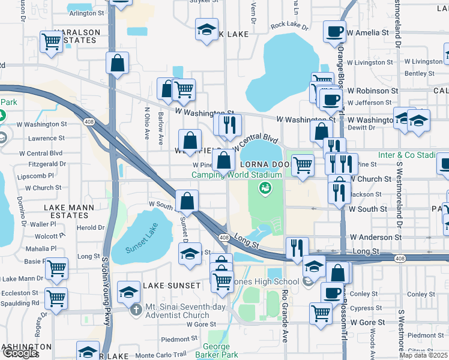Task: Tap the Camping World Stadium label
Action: (x=237, y=175)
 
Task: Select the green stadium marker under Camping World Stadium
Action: (x=264, y=190)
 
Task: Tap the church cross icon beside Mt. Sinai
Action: (x=136, y=310)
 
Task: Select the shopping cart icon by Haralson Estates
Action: (x=52, y=42)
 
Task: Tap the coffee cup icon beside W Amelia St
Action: (x=334, y=31)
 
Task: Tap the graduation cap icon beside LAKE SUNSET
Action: (x=128, y=292)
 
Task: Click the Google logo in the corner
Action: (x=19, y=353)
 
